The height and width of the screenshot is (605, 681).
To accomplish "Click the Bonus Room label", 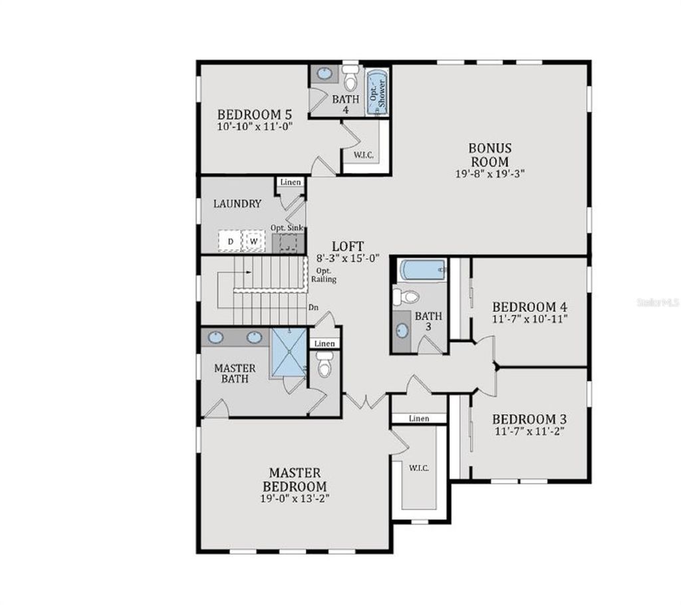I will coord(489,154).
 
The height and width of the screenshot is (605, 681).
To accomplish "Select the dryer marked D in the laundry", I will coord(230,241).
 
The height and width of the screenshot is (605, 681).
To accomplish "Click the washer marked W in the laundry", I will coord(253,241).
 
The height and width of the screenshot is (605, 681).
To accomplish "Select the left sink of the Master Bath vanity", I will coord(215,338).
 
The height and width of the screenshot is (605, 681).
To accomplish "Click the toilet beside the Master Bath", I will coord(325,366).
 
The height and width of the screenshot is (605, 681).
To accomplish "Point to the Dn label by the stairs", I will coord(313,308).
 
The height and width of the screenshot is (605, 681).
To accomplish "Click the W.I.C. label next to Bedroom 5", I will coord(363,155).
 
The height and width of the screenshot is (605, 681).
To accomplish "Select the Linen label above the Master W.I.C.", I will coord(418,419).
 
